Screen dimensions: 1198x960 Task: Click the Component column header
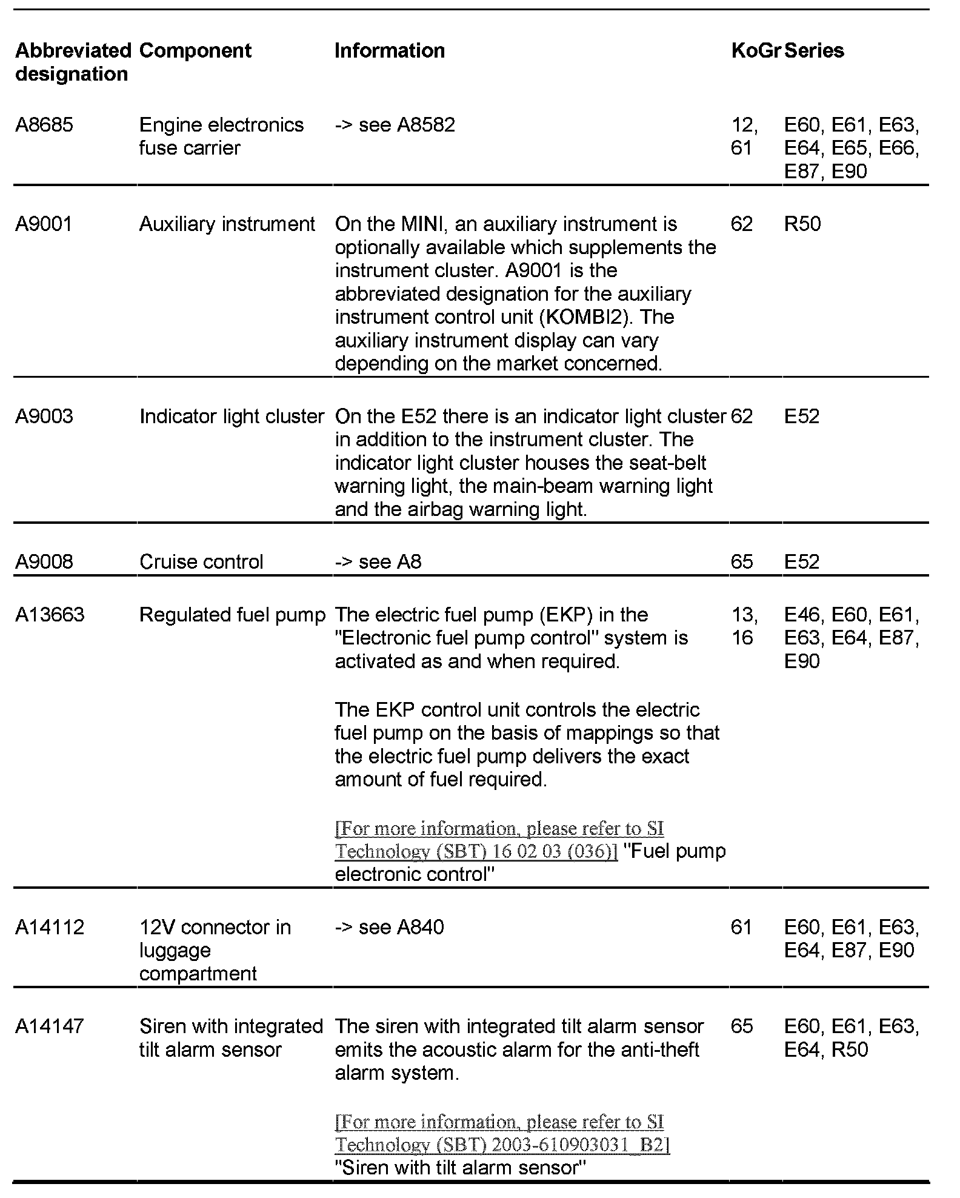point(195,50)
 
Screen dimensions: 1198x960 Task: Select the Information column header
point(390,50)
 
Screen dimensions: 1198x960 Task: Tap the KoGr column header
point(755,50)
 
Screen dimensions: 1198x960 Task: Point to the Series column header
point(814,50)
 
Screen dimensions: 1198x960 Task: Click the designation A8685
point(44,125)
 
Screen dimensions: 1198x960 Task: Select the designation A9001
point(44,224)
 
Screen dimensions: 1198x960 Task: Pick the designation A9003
point(44,417)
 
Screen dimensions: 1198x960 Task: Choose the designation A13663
point(50,615)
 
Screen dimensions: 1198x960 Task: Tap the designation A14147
point(50,1026)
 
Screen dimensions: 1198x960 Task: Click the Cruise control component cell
point(201,561)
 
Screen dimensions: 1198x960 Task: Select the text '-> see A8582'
point(395,125)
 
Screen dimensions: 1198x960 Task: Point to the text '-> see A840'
point(389,927)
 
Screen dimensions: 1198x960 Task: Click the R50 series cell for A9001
point(802,224)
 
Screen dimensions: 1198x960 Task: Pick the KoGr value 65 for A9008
point(742,561)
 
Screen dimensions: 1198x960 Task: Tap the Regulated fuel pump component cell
point(232,615)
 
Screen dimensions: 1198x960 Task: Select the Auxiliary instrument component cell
point(227,224)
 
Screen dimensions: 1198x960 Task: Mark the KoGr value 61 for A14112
point(741,927)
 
